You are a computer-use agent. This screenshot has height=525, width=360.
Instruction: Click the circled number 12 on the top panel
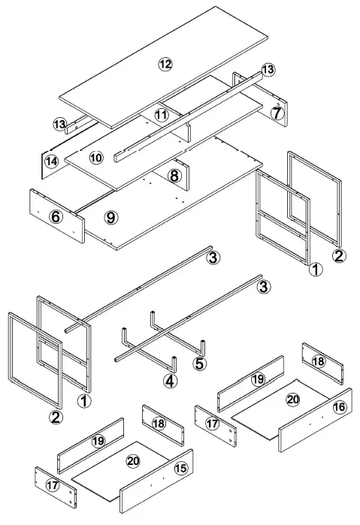coord(165,63)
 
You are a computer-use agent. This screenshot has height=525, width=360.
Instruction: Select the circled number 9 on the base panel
coord(111,217)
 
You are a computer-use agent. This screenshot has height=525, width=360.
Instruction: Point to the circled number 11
coord(161,114)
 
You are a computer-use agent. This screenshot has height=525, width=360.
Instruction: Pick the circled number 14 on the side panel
coord(51,161)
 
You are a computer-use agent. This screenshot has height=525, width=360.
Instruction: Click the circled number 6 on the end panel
coord(55,216)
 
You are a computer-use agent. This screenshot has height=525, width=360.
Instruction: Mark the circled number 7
coord(277,113)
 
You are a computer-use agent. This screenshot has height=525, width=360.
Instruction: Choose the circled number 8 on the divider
coord(174,176)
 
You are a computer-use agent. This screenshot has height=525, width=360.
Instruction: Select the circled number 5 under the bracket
coord(199,364)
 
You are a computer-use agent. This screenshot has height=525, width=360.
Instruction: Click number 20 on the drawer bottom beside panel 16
coord(293,400)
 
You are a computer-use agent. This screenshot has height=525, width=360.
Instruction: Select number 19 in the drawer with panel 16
coord(258,379)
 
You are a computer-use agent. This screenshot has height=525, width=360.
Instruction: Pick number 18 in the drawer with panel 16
coord(319,361)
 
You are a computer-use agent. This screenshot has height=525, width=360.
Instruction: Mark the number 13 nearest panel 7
coord(268,69)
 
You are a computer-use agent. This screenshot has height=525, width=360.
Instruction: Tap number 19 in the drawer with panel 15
coord(98,441)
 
